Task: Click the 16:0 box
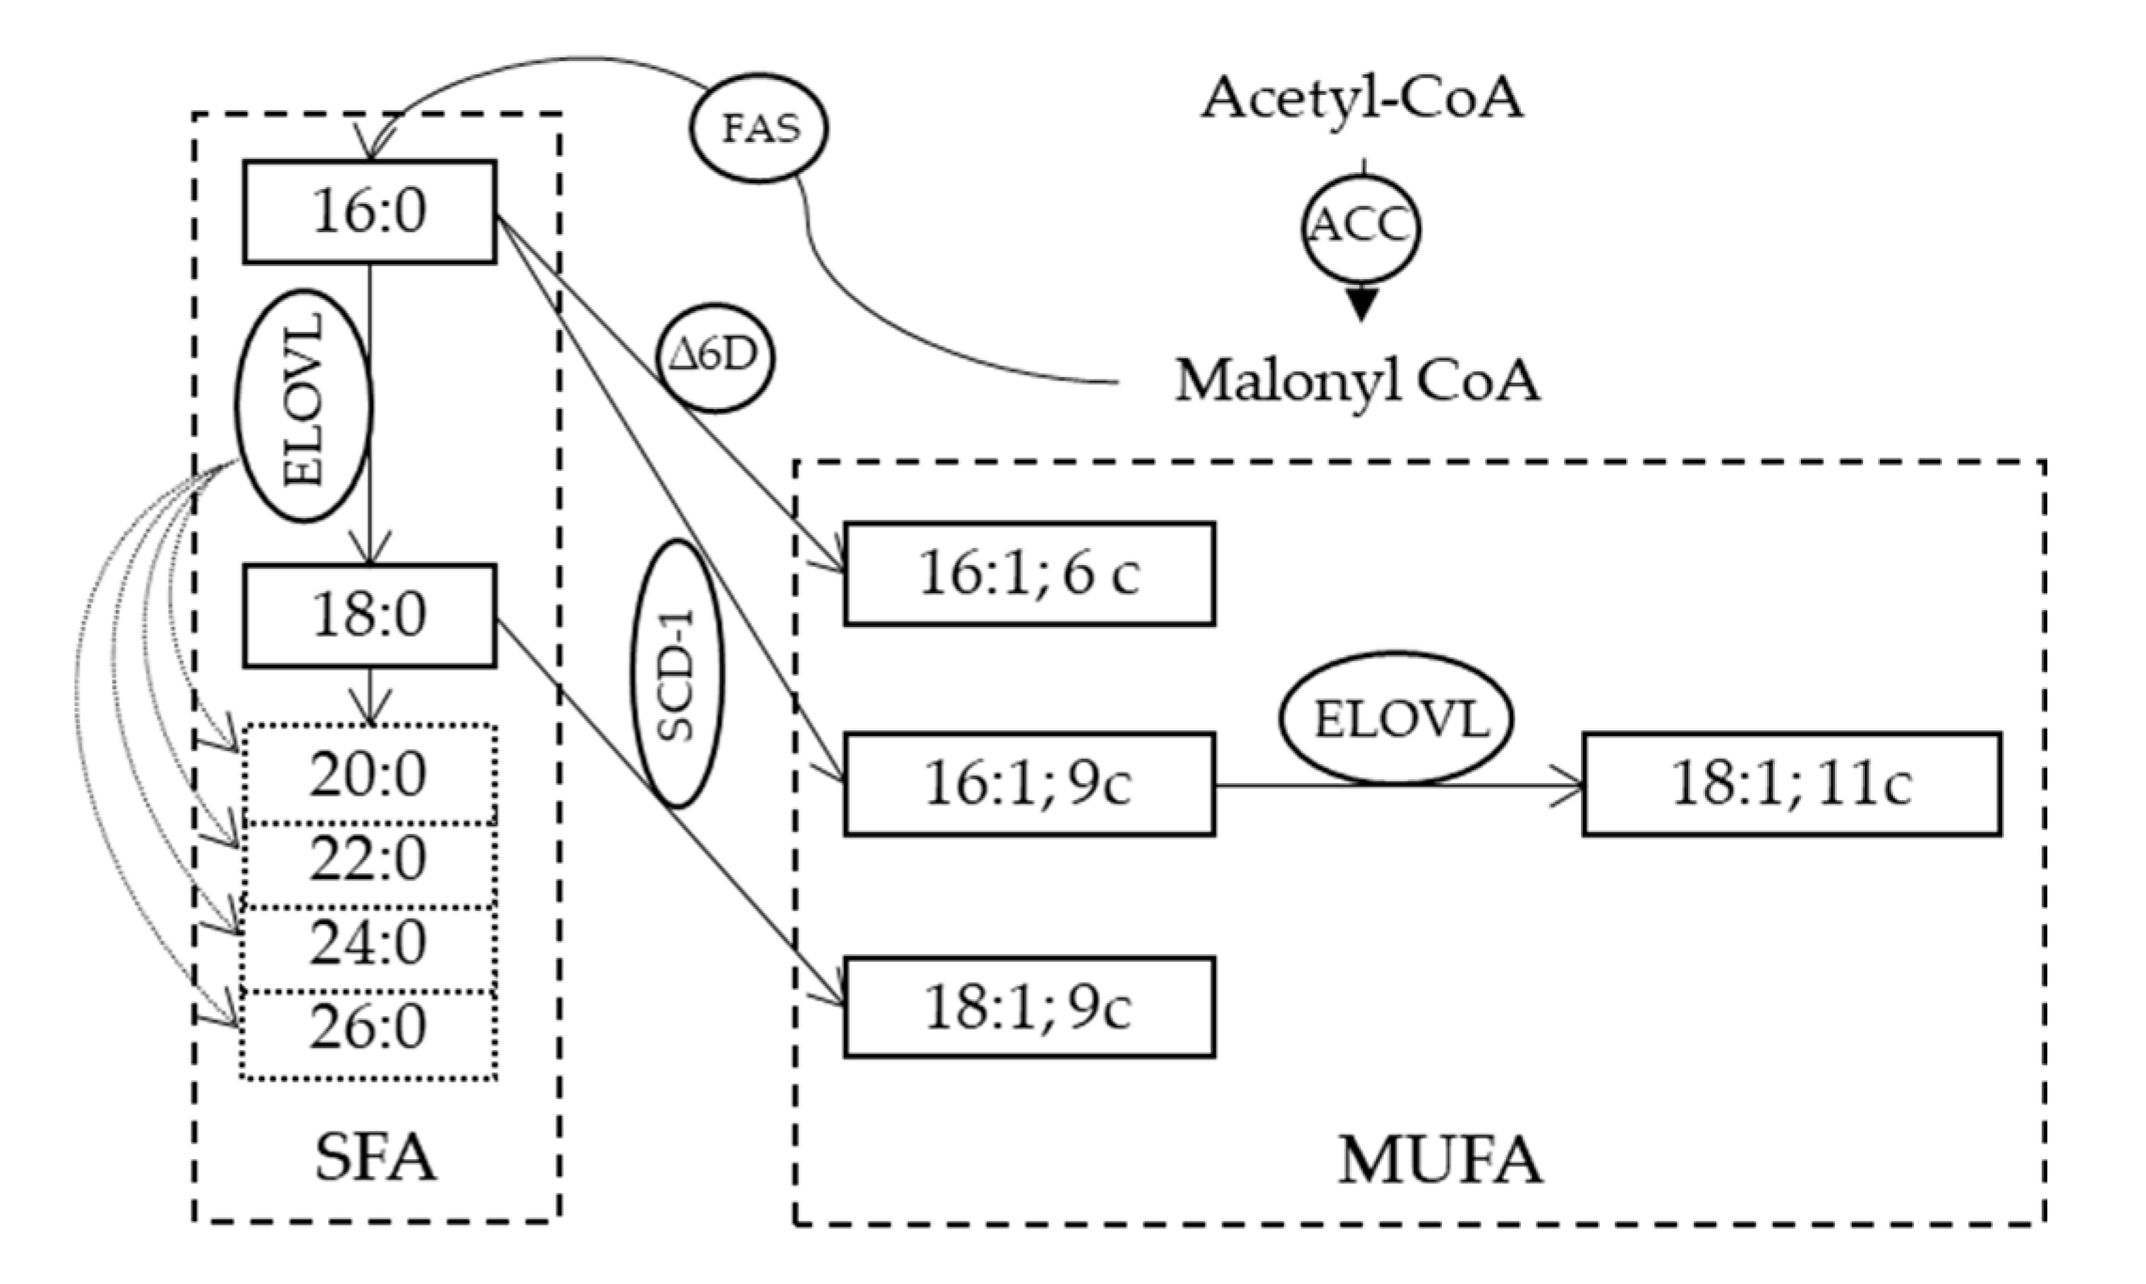click(x=369, y=211)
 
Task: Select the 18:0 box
click(x=369, y=616)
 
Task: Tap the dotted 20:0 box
click(x=368, y=775)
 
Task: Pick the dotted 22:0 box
click(x=368, y=859)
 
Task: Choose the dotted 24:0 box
click(x=368, y=943)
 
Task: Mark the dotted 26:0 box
click(x=368, y=1028)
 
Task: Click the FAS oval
click(x=760, y=129)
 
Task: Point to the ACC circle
click(x=1360, y=226)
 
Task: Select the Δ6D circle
click(x=717, y=358)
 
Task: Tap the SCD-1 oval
click(x=677, y=674)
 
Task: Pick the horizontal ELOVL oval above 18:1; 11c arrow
click(x=1396, y=719)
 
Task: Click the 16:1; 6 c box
click(x=1029, y=573)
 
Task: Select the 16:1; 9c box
click(x=1029, y=784)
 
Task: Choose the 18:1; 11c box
click(x=1792, y=784)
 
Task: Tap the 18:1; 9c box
click(x=1029, y=1007)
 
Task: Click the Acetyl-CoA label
click(x=1361, y=97)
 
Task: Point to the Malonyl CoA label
click(x=1357, y=382)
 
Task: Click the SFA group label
click(x=375, y=1158)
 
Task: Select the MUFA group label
click(x=1440, y=1160)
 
